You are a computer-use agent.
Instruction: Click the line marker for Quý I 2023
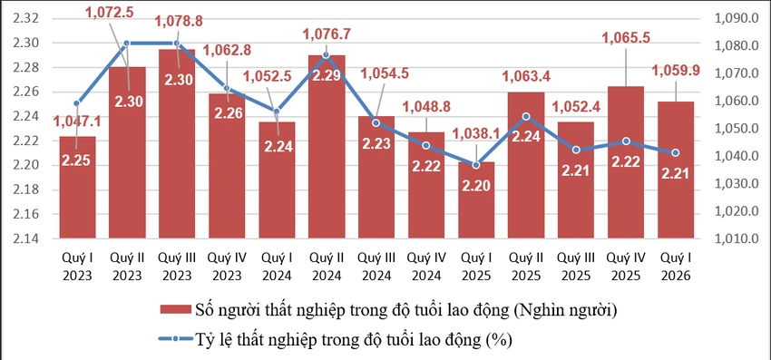[77, 103]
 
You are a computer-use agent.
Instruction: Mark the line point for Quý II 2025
[526, 116]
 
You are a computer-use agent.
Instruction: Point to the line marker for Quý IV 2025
[626, 141]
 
